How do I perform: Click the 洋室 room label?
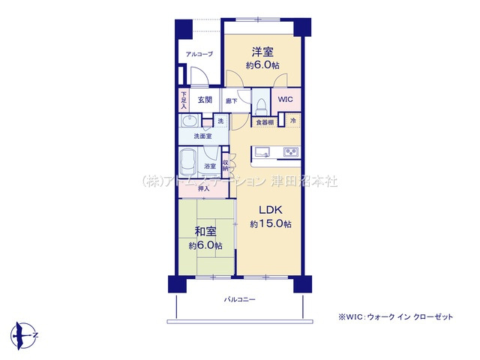[x=262, y=52]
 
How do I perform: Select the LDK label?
[x=271, y=211]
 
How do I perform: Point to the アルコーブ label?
[x=199, y=54]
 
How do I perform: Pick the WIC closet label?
[x=286, y=99]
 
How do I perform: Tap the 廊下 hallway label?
[x=231, y=100]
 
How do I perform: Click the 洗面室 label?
[x=202, y=136]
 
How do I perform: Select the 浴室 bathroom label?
[x=211, y=166]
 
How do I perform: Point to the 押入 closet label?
[x=204, y=189]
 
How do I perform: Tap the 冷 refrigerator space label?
[x=293, y=121]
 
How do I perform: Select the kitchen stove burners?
[x=290, y=153]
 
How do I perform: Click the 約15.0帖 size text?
[x=271, y=224]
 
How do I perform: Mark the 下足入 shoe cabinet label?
[x=184, y=99]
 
